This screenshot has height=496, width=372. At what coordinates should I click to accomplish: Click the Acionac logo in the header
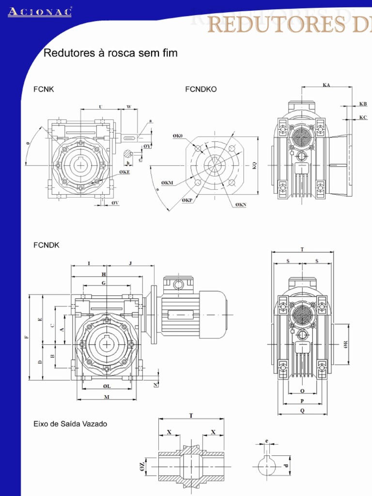click(40, 12)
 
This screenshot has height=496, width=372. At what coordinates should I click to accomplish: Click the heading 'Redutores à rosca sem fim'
click(110, 53)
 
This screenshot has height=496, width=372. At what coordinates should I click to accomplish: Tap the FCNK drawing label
click(44, 89)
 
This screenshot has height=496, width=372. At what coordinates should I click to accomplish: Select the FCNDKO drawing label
click(201, 89)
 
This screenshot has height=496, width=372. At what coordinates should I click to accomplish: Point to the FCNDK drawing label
click(46, 245)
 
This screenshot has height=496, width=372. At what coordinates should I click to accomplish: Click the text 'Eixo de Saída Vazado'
click(70, 424)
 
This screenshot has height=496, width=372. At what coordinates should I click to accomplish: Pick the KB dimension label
click(363, 104)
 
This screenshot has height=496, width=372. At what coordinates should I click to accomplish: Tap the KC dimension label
click(363, 117)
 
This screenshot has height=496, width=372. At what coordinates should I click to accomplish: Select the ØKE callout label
click(125, 171)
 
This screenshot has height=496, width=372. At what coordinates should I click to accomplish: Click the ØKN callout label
click(241, 205)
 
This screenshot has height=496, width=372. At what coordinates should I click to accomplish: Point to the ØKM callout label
click(167, 183)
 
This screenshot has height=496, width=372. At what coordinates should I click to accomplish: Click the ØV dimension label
click(115, 203)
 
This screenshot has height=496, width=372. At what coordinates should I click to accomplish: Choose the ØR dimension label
click(345, 344)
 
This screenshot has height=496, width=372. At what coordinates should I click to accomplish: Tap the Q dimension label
click(302, 410)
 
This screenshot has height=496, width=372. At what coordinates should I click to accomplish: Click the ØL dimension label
click(107, 386)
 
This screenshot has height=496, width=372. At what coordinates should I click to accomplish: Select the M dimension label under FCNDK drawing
click(107, 397)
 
